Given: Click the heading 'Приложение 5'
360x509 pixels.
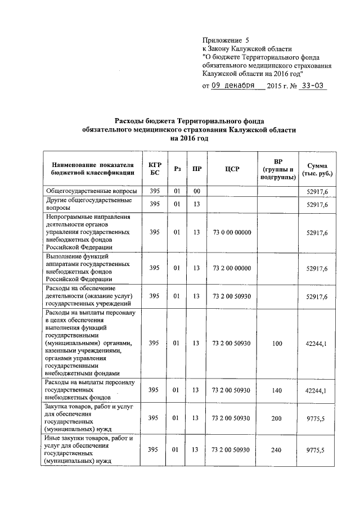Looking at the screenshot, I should pyautogui.click(x=225, y=40).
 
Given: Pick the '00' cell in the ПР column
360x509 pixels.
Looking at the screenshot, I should pyautogui.click(x=196, y=192).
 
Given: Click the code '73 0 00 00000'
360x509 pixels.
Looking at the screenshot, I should pyautogui.click(x=232, y=232).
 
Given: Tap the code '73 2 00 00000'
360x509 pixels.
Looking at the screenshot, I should pyautogui.click(x=232, y=269).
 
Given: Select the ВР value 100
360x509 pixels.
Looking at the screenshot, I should pyautogui.click(x=277, y=343).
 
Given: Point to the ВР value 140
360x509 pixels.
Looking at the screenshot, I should pyautogui.click(x=277, y=389).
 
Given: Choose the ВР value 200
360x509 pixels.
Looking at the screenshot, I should pyautogui.click(x=277, y=418).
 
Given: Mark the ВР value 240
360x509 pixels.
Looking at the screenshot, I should pyautogui.click(x=277, y=449).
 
